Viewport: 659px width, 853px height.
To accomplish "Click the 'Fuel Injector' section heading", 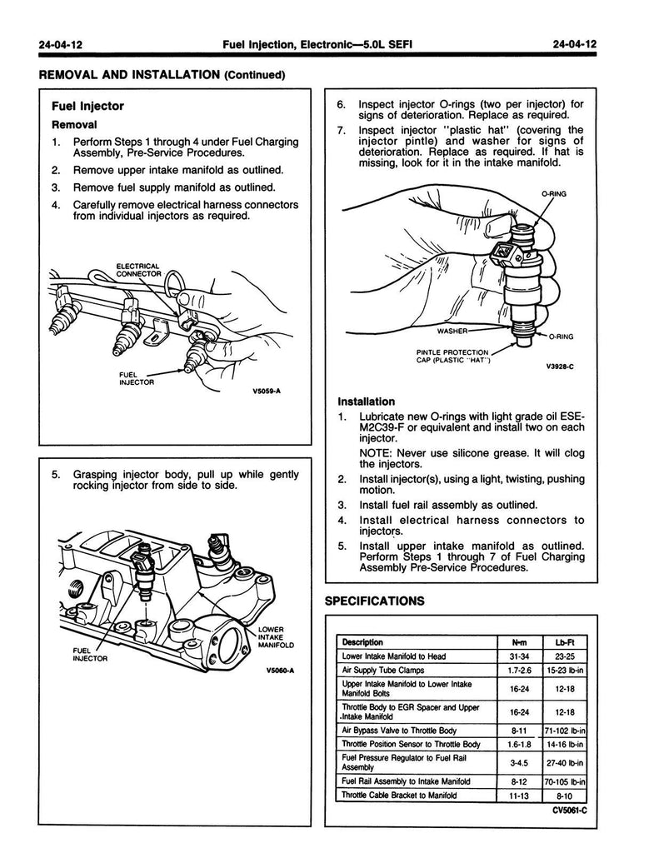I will (87, 106).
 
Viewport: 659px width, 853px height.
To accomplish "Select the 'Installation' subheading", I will (366, 401).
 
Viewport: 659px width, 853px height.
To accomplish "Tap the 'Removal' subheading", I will (75, 124).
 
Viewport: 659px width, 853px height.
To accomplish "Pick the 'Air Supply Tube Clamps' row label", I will (383, 669).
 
